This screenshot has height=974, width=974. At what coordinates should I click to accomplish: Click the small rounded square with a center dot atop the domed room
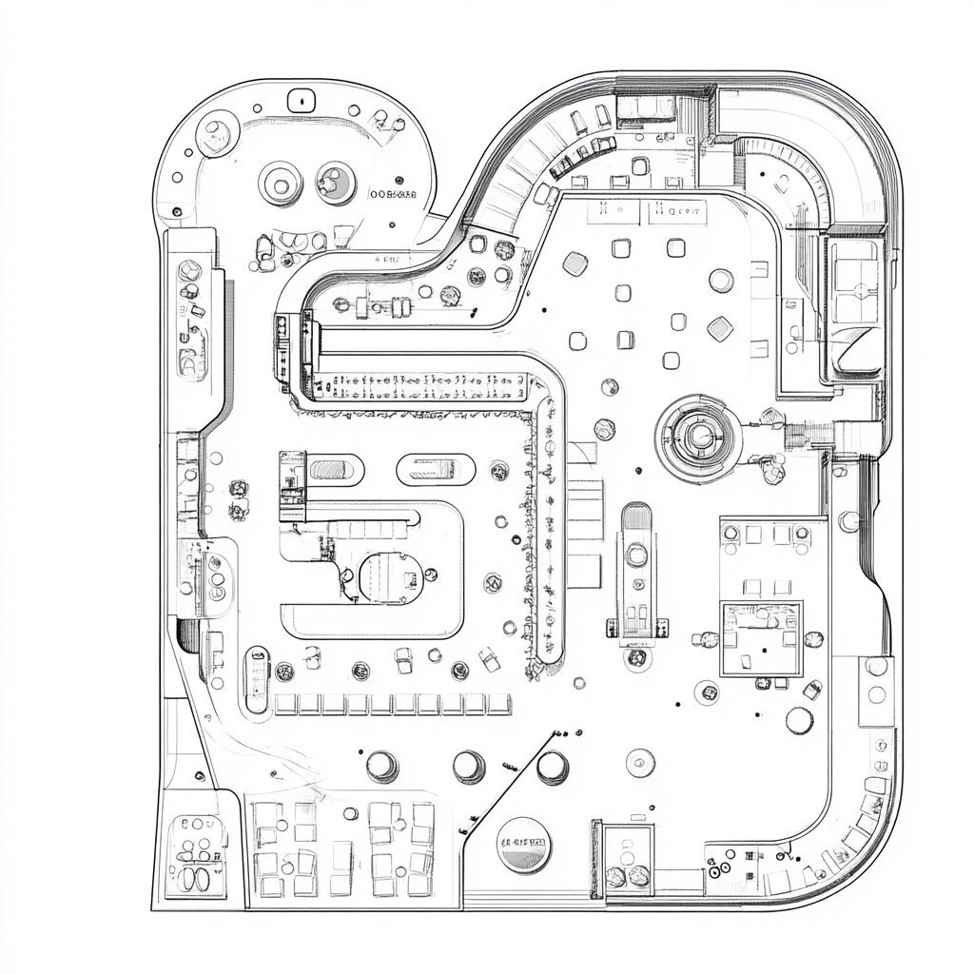click(x=302, y=98)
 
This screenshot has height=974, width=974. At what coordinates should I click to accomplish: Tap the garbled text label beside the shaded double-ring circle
click(x=391, y=194)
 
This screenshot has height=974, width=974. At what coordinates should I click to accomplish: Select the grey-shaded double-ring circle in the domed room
click(x=334, y=180)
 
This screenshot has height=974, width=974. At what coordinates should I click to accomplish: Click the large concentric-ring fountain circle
click(x=700, y=436)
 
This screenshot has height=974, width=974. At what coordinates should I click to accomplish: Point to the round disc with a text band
click(x=524, y=844)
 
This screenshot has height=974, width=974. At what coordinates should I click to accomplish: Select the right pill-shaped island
click(x=436, y=468)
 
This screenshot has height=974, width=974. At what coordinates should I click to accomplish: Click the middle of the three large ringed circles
click(x=469, y=766)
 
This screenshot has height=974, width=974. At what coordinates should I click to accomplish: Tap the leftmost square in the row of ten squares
click(x=285, y=705)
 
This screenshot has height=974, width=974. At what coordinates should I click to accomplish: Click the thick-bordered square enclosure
click(x=760, y=638)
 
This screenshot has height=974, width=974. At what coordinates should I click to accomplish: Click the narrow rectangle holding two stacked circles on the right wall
click(x=876, y=680)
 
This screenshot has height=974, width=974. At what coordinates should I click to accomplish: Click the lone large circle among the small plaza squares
click(x=721, y=281)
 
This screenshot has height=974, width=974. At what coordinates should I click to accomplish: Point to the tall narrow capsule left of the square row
click(x=256, y=678)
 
